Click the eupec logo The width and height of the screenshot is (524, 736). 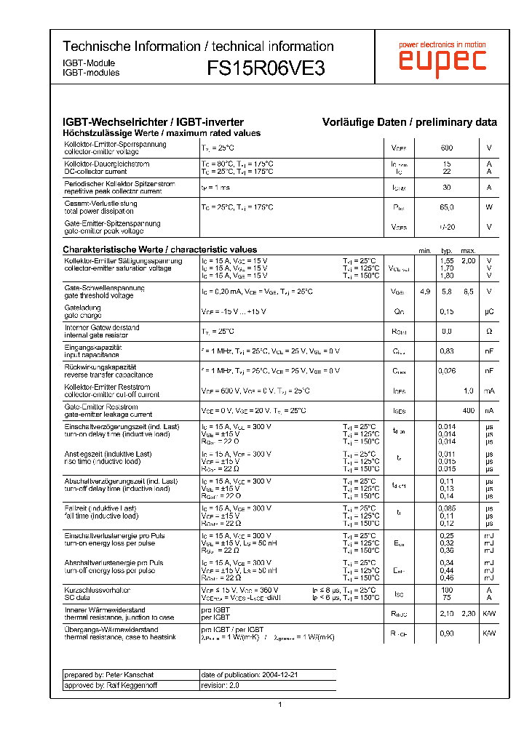pyautogui.click(x=442, y=62)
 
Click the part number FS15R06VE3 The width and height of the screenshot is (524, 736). pyautogui.click(x=266, y=68)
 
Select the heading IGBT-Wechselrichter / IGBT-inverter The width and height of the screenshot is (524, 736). pyautogui.click(x=154, y=122)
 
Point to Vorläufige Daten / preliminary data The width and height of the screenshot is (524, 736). pyautogui.click(x=410, y=122)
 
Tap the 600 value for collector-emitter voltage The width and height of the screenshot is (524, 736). pyautogui.click(x=447, y=148)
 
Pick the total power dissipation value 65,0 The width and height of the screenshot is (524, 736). pyautogui.click(x=447, y=207)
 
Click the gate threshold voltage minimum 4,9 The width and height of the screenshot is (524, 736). pyautogui.click(x=425, y=292)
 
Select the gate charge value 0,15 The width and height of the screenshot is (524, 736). pyautogui.click(x=447, y=312)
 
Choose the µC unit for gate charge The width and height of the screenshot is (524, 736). pyautogui.click(x=489, y=312)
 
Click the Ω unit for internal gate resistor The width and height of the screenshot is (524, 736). pyautogui.click(x=489, y=332)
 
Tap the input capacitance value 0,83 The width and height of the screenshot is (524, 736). pyautogui.click(x=447, y=351)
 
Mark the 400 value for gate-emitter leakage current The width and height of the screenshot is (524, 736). pyautogui.click(x=468, y=410)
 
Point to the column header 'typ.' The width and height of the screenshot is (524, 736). pyautogui.click(x=447, y=250)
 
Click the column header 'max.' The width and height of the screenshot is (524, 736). pyautogui.click(x=468, y=250)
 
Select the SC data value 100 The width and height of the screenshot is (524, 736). pyautogui.click(x=447, y=590)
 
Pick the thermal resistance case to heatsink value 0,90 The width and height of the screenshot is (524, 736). pyautogui.click(x=447, y=633)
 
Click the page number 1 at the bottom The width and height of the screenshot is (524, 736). pyautogui.click(x=279, y=704)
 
